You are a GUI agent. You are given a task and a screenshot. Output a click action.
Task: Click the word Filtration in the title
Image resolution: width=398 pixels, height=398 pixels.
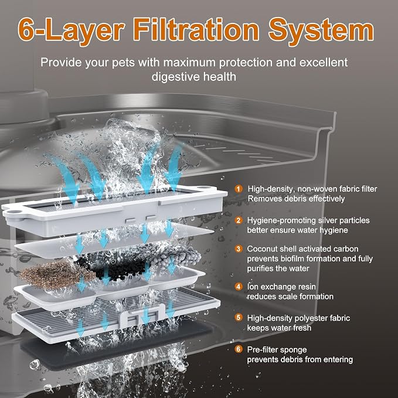pyautogui.click(x=196, y=30)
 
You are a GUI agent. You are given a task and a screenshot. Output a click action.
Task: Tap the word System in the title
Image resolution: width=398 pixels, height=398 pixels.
pyautogui.click(x=321, y=31)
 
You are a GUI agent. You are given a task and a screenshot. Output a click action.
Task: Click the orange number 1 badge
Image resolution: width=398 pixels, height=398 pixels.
pyautogui.click(x=239, y=189)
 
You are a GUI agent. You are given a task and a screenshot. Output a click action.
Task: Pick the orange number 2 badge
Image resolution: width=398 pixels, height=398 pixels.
pyautogui.click(x=239, y=220)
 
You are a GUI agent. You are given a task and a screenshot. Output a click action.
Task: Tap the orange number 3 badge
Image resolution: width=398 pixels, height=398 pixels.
pyautogui.click(x=239, y=249)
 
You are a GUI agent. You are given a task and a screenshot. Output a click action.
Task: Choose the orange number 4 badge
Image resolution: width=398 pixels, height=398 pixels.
pyautogui.click(x=239, y=287)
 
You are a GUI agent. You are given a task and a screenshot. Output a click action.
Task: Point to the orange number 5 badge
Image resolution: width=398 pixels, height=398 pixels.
pyautogui.click(x=239, y=318)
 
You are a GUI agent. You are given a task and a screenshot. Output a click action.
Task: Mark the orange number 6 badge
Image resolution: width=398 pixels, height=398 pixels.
pyautogui.click(x=239, y=349)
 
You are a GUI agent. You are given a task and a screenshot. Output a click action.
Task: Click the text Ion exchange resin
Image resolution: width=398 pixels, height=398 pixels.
pyautogui.click(x=281, y=287)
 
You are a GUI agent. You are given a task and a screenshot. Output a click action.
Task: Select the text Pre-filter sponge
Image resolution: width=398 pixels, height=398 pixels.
pyautogui.click(x=277, y=350)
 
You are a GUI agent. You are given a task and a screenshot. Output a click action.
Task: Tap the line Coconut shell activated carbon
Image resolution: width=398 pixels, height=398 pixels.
pyautogui.click(x=303, y=249)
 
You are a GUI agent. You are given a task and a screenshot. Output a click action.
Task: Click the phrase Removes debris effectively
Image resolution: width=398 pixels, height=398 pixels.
pyautogui.click(x=296, y=199)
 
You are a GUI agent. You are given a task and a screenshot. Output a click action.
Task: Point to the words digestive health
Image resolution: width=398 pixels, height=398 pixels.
pyautogui.click(x=194, y=77)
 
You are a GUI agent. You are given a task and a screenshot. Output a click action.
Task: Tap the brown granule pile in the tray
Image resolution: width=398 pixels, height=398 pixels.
pyautogui.click(x=55, y=275)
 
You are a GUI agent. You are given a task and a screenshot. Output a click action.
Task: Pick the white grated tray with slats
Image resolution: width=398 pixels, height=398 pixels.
pyautogui.click(x=116, y=315)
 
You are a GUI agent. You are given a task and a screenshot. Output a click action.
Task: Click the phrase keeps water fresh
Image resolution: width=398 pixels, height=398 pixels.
pyautogui.click(x=279, y=328)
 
